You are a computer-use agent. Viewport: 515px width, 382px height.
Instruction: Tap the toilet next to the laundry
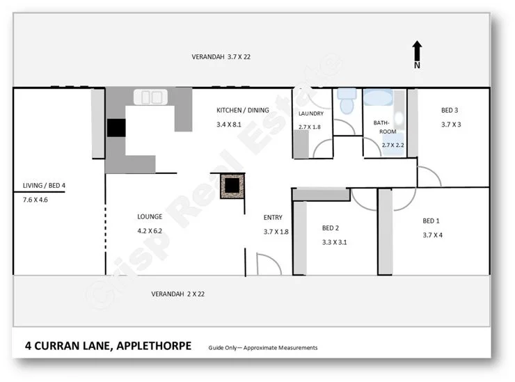[x=346, y=102]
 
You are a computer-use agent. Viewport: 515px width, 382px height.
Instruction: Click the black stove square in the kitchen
[x=116, y=128]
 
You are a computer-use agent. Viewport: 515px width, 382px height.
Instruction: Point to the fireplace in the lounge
[x=231, y=186]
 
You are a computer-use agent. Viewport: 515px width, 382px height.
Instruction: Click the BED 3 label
[x=450, y=111]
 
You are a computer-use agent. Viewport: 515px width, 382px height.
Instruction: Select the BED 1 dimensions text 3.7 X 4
[x=432, y=235]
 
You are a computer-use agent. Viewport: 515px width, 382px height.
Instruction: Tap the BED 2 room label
[x=331, y=228]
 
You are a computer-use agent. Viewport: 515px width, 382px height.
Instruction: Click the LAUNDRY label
[x=311, y=113]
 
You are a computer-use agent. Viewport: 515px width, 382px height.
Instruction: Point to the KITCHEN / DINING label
[x=242, y=111]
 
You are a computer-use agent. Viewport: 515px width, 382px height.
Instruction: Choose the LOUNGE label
[x=150, y=216]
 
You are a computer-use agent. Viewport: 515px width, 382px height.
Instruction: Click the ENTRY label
[x=273, y=216]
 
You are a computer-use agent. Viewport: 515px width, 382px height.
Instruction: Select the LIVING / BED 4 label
[x=44, y=185]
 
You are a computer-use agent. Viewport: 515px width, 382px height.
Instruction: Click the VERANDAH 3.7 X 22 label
[x=221, y=57]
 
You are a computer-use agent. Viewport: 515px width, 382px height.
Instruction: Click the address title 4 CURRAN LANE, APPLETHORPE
[x=108, y=345]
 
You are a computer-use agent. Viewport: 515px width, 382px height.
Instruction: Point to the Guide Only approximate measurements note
[x=262, y=347]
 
